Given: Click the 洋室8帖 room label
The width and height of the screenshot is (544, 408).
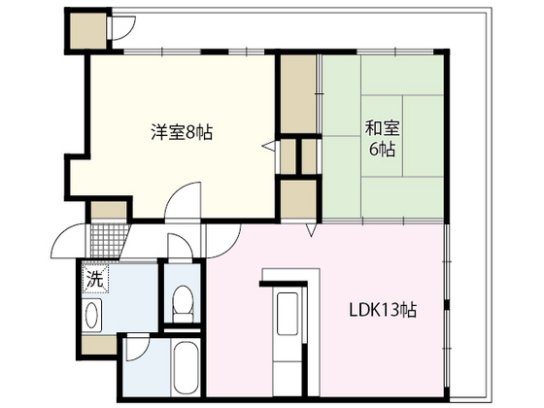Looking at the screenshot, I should click(x=181, y=132).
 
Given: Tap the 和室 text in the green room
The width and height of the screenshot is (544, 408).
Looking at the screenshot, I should click(x=380, y=127).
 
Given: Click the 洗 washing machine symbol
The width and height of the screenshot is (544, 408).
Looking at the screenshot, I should click(x=94, y=279).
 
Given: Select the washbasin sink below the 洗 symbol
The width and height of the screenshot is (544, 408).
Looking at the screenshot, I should click(x=93, y=316).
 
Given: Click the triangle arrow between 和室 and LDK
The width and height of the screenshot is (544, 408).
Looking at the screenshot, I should click(x=309, y=231).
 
